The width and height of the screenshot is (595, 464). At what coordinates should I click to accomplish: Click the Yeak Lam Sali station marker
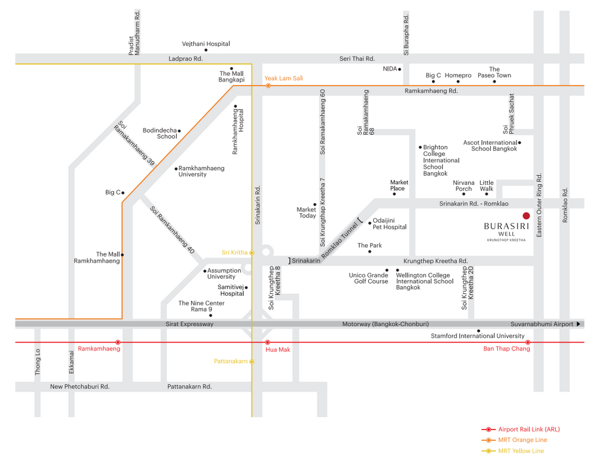pyautogui.click(x=268, y=86)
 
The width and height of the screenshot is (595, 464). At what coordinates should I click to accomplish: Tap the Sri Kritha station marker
pyautogui.click(x=252, y=252)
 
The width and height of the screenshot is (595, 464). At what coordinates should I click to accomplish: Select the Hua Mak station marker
pyautogui.click(x=268, y=342)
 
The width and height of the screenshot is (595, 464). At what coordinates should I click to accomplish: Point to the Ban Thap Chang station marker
pyautogui.click(x=527, y=342)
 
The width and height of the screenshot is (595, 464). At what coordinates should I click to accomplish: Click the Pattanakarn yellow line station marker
pyautogui.click(x=252, y=361)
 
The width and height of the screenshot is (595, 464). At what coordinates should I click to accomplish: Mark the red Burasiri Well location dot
pyautogui.click(x=526, y=216)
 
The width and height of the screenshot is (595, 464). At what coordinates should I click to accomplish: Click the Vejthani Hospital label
pyautogui.click(x=206, y=44)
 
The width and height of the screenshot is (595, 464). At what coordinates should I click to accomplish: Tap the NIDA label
pyautogui.click(x=390, y=69)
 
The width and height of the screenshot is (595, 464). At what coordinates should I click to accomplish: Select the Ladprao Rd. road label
pyautogui.click(x=186, y=59)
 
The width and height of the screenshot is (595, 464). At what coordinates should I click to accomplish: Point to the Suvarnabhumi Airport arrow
pyautogui.click(x=578, y=324)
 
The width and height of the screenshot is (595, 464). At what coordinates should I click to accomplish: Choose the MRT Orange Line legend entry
pyautogui.click(x=514, y=440)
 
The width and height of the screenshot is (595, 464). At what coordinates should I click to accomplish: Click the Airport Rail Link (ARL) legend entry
pyautogui.click(x=521, y=429)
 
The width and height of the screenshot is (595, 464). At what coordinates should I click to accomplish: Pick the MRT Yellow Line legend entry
pyautogui.click(x=513, y=451)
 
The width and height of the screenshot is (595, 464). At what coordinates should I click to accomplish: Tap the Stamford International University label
pyautogui.click(x=478, y=336)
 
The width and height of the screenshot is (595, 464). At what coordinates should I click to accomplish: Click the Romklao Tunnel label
pyautogui.click(x=340, y=241)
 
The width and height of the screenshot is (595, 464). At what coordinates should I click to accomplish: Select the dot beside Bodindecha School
pyautogui.click(x=179, y=131)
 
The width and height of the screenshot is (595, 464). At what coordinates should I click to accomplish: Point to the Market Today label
pyautogui.click(x=307, y=213)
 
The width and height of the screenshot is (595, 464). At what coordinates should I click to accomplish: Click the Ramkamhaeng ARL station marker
pyautogui.click(x=118, y=342)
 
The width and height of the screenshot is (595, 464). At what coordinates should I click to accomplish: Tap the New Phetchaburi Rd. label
pyautogui.click(x=80, y=387)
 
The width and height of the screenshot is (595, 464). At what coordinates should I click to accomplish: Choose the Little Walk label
pyautogui.click(x=487, y=185)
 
